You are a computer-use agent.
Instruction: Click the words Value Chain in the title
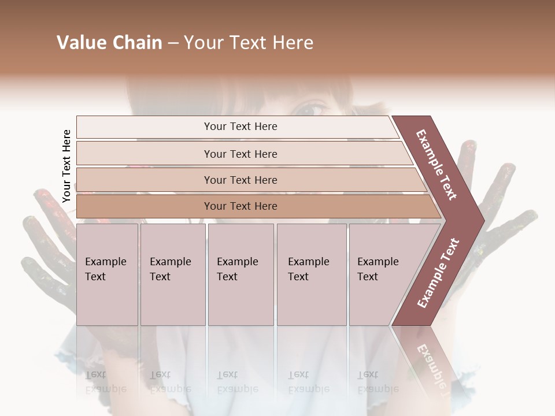point(109,43)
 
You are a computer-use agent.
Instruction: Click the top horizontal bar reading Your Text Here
point(240,127)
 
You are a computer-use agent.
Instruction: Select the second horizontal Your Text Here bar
point(240,154)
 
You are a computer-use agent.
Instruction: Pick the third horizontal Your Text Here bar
point(240,180)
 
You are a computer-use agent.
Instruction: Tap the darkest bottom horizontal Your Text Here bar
point(240,206)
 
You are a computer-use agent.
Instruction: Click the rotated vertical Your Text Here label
point(66,166)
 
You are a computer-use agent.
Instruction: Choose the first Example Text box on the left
point(107,274)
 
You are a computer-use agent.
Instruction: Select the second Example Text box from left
point(172,274)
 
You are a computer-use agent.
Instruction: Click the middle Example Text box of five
point(240,274)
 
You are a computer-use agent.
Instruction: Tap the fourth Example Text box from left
point(311,274)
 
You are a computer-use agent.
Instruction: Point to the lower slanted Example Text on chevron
point(438,273)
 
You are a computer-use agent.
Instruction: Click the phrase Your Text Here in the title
point(249,43)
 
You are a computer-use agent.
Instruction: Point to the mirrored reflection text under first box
point(105,381)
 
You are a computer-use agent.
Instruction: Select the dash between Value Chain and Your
point(173,43)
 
